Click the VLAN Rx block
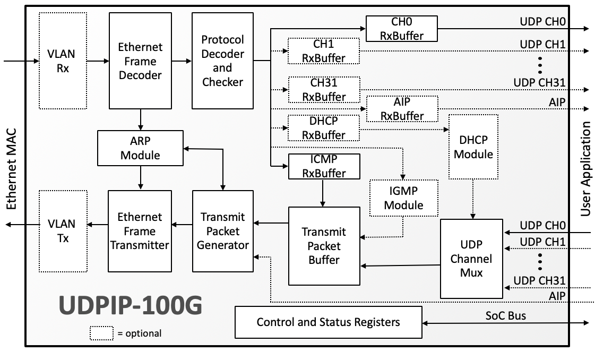(63, 61)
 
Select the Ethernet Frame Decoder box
(140, 61)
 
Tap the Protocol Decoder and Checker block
(222, 61)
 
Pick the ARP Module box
(140, 148)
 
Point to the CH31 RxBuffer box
(324, 90)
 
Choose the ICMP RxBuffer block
(324, 166)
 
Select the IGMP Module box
(404, 198)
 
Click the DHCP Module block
(473, 147)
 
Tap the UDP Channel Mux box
(472, 259)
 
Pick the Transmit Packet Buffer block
(324, 246)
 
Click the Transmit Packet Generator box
(222, 231)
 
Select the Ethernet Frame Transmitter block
(140, 231)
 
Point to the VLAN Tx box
(63, 231)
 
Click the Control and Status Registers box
(328, 322)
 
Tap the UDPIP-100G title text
(130, 306)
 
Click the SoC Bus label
(506, 315)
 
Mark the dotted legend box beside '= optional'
(101, 333)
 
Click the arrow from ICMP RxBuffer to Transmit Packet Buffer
(322, 193)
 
